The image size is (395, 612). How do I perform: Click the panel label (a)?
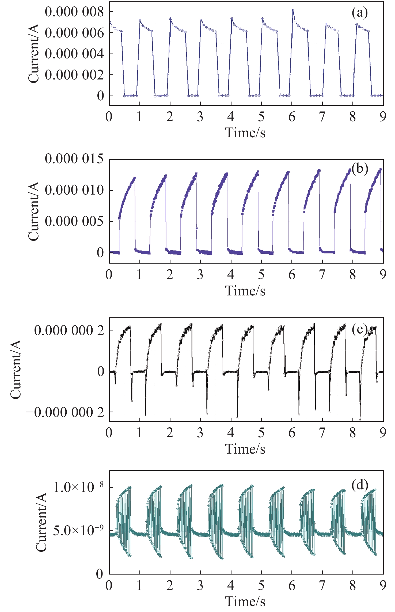(x=360, y=13)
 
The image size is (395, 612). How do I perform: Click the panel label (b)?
(x=360, y=169)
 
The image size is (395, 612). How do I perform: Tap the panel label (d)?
(x=360, y=485)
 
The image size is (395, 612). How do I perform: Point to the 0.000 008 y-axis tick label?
(x=74, y=12)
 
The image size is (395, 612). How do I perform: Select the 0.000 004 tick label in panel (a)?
(x=74, y=54)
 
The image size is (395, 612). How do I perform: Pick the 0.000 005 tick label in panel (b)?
(x=74, y=221)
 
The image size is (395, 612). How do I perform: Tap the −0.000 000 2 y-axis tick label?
(x=65, y=412)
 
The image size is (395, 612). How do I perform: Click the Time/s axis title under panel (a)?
(x=245, y=133)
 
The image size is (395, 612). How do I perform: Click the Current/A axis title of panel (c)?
(x=16, y=370)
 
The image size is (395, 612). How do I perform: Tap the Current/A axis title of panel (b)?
(x=33, y=211)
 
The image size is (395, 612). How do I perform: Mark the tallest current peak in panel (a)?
(x=293, y=10)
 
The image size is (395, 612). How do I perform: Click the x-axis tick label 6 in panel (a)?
(x=292, y=117)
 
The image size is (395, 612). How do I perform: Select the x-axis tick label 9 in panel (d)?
(x=383, y=586)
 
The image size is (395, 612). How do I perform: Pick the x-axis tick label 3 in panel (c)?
(x=200, y=433)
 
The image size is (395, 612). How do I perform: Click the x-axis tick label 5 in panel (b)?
(x=261, y=275)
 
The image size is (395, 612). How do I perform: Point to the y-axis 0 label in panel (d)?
(x=100, y=574)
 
